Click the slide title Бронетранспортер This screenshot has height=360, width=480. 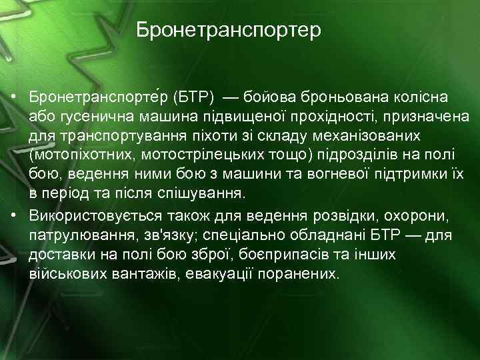229,31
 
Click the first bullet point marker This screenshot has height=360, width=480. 14,98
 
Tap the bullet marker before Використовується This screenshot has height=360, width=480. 14,217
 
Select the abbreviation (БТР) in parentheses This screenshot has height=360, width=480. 194,98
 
